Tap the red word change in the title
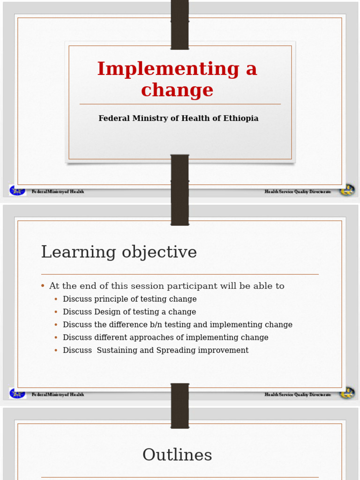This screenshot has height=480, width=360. tap(177, 90)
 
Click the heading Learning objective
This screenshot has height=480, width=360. tap(119, 252)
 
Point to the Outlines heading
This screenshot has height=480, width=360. tap(177, 455)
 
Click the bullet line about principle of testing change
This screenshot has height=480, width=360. tap(130, 299)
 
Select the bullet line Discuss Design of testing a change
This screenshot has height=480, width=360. tap(129, 312)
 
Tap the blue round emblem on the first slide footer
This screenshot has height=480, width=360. tap(17, 190)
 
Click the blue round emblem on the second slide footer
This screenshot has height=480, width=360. tap(17, 393)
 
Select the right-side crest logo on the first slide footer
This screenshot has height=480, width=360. tap(347, 190)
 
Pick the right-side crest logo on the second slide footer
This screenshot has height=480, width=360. tap(347, 393)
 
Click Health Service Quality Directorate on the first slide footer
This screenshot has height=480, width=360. tap(298, 192)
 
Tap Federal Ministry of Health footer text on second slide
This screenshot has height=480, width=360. tap(58, 395)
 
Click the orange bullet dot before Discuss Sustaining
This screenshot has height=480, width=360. tap(56, 350)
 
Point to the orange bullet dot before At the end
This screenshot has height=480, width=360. tap(43, 286)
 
